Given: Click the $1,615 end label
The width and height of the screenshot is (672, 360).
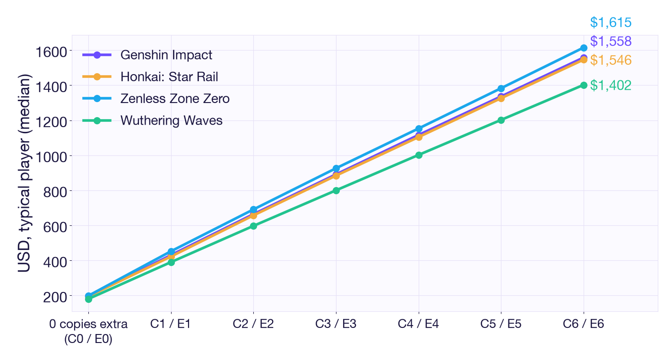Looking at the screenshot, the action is (611, 23).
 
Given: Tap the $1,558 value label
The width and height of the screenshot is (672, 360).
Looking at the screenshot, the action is (611, 42).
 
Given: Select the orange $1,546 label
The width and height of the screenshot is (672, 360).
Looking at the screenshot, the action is (611, 60).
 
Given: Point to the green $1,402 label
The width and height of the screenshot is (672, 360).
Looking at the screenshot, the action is (611, 86).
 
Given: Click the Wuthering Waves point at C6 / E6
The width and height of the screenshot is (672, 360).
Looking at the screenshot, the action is (584, 85).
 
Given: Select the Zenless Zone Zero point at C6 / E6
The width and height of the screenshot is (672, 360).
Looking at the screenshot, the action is (584, 48).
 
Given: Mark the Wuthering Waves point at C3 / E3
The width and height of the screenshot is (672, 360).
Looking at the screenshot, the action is (336, 190).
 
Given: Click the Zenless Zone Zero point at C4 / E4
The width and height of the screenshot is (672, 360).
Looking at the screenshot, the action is (419, 129).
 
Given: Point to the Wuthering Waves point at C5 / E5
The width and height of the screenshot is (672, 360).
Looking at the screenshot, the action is (501, 120).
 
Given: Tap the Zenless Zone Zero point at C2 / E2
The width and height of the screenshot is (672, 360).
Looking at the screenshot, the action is (253, 209).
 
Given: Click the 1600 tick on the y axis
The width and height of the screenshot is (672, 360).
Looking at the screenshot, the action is (51, 52).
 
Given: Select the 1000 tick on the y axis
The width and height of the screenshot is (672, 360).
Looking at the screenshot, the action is (51, 157).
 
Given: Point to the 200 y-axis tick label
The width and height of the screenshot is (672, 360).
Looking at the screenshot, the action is (55, 297).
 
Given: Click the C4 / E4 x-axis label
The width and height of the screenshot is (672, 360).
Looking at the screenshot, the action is (419, 324).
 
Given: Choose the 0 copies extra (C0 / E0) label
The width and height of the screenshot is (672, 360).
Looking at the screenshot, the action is (88, 332).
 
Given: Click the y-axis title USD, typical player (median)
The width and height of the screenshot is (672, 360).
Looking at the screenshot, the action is (24, 173).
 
